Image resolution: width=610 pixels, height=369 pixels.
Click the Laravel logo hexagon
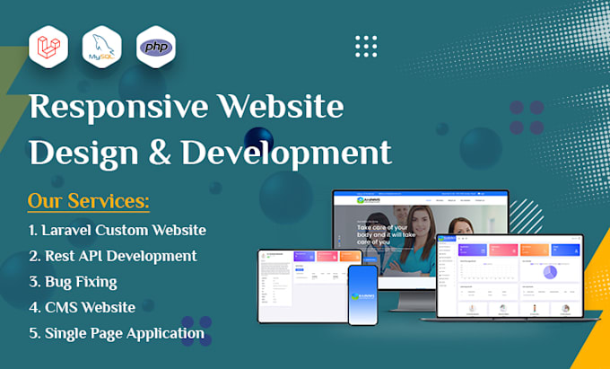[x=48, y=46]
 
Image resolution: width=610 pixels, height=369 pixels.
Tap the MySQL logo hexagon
[x=100, y=46]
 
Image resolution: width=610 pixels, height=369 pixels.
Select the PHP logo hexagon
[x=155, y=46]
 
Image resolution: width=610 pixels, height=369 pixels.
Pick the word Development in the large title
[x=286, y=153]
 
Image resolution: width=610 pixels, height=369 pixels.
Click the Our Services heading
[x=88, y=199]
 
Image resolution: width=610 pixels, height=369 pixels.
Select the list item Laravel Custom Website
[x=118, y=230]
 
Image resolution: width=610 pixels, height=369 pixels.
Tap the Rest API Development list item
[x=113, y=256]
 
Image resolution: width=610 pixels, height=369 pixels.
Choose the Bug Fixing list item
[x=72, y=282]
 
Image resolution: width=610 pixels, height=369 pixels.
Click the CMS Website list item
[x=82, y=308]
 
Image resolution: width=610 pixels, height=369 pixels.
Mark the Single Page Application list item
[x=117, y=334]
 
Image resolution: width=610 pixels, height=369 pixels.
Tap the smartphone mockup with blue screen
[x=363, y=295]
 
